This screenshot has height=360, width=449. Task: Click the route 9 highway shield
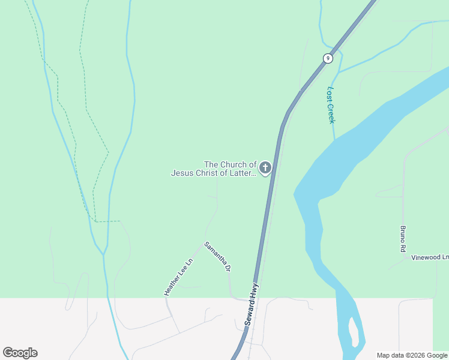pyautogui.click(x=327, y=58)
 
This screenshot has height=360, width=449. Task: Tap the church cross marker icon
pyautogui.click(x=265, y=168)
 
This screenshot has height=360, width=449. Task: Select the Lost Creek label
pyautogui.click(x=331, y=105)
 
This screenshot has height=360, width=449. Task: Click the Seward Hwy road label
pyautogui.click(x=252, y=304)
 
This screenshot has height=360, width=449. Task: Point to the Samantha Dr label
pyautogui.click(x=217, y=257)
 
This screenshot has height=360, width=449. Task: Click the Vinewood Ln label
pyautogui.click(x=430, y=257)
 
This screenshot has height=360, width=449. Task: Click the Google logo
pyautogui.click(x=20, y=353)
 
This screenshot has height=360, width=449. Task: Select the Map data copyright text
pyautogui.click(x=411, y=355)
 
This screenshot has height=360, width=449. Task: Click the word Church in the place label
pyautogui.click(x=235, y=164)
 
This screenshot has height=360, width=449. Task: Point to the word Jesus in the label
pyautogui.click(x=184, y=173)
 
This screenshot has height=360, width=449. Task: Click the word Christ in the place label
pyautogui.click(x=212, y=173)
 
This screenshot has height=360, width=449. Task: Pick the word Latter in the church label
pyautogui.click(x=244, y=173)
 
